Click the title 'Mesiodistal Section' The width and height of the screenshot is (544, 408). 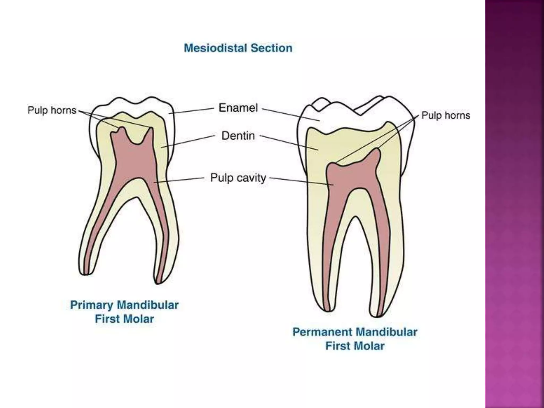click(x=238, y=48)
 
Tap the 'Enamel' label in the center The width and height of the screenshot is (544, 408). click(x=238, y=108)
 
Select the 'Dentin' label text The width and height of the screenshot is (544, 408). click(x=238, y=136)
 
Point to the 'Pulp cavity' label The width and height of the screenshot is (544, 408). click(x=238, y=178)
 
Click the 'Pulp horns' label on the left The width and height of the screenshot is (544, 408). click(x=52, y=110)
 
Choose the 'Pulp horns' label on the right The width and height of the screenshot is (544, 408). click(x=446, y=115)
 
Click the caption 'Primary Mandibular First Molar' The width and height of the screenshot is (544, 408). click(x=124, y=312)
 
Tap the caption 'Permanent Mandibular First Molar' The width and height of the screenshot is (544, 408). click(x=355, y=339)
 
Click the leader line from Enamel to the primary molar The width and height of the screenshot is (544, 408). click(x=191, y=111)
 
